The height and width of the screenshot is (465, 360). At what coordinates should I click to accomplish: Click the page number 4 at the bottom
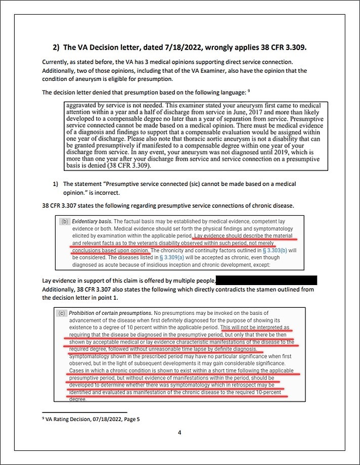point(179,433)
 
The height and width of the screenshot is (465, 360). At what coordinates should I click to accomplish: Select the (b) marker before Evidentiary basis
point(65,221)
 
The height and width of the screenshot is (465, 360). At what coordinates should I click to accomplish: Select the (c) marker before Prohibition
point(62,313)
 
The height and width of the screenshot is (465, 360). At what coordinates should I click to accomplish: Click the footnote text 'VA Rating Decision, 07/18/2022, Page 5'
point(92,419)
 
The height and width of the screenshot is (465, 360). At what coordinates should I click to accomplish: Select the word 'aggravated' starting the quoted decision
point(81,106)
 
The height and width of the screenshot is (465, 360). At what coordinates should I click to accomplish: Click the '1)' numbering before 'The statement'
point(56,184)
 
